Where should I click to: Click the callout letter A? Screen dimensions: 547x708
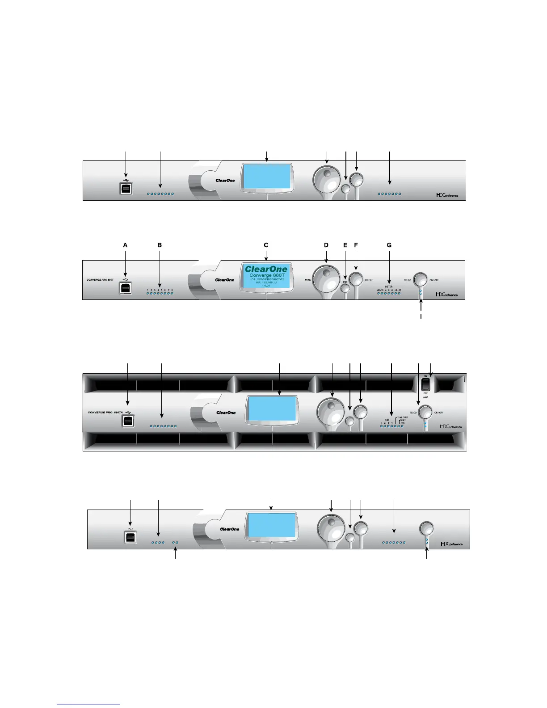point(125,245)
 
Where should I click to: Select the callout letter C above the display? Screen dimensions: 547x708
point(266,245)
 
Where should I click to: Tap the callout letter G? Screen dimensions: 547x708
point(389,245)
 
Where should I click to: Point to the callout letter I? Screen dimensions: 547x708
point(421,316)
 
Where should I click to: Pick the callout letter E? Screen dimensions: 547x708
point(345,245)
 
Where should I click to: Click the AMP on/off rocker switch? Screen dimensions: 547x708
point(425,383)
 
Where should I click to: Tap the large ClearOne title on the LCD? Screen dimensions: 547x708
point(266,269)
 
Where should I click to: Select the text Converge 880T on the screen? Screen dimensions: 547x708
point(267,275)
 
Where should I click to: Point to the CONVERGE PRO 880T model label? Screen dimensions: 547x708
point(100,280)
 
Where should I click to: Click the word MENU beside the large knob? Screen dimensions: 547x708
point(308,280)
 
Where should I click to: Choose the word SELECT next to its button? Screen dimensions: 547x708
point(369,280)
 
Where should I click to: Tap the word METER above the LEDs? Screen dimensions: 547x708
point(388,287)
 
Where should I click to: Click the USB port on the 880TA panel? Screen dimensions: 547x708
point(129,421)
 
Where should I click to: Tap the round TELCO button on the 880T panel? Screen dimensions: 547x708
point(420,280)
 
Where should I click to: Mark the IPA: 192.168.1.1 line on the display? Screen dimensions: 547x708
point(267,282)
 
